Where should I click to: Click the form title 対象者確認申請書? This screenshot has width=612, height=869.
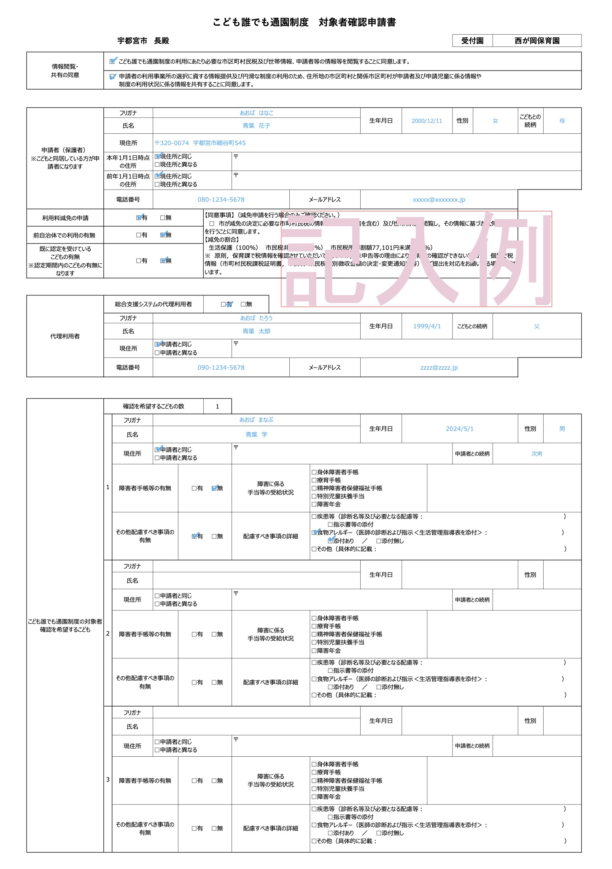click(x=357, y=22)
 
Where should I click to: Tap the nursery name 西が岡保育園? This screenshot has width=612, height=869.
click(x=537, y=41)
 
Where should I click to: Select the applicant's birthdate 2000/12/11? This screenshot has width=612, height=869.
click(x=427, y=121)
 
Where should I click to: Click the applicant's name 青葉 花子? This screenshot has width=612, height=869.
click(x=256, y=126)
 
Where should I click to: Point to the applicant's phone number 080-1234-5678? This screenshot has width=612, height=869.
click(x=221, y=200)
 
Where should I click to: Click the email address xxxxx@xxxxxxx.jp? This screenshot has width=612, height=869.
click(x=439, y=200)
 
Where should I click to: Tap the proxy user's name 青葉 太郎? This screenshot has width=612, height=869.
click(x=256, y=331)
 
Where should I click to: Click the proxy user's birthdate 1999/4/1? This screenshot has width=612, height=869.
click(x=427, y=326)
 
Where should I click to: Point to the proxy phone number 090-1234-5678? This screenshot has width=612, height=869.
click(x=221, y=368)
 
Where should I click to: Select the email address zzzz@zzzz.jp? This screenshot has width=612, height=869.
click(x=439, y=368)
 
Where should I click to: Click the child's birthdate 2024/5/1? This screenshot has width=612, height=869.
click(x=460, y=429)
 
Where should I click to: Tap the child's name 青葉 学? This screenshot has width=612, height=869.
click(x=256, y=435)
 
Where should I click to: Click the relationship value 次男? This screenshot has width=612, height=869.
click(x=537, y=454)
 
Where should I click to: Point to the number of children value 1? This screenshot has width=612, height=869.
click(x=217, y=407)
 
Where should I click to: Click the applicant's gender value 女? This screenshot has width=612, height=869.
click(x=495, y=121)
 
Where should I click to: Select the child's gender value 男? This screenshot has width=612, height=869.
click(x=562, y=429)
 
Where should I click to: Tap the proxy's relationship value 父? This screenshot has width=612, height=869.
click(x=537, y=326)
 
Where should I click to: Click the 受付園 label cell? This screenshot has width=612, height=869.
click(x=472, y=41)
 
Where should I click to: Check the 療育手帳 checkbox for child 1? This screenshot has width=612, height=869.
click(x=314, y=480)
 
